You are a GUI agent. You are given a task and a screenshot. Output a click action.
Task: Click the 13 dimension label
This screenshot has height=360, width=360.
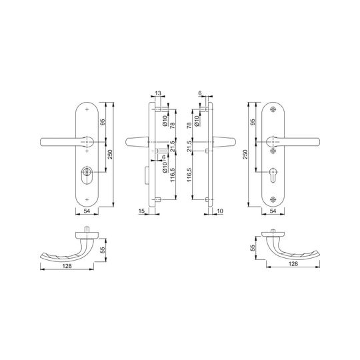pos(158,93)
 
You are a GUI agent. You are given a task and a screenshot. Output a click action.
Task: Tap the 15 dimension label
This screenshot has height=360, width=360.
pos(142,211)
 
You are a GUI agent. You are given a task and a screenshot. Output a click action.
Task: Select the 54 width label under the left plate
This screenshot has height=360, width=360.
pos(87,211)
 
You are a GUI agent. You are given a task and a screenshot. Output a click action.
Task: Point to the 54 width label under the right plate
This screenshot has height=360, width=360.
pos(273,211)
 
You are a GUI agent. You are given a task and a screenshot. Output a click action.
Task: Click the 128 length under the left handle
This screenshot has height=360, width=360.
pos(67,266)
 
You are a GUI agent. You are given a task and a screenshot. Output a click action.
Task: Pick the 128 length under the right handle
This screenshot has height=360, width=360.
pos(293,264)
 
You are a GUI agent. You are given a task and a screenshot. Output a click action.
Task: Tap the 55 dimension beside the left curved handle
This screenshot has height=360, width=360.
pos(103,250)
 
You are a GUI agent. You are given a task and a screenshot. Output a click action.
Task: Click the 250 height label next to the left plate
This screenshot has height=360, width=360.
pos(110,154)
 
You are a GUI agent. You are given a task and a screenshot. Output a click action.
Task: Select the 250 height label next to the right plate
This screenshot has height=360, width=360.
pos(245,154)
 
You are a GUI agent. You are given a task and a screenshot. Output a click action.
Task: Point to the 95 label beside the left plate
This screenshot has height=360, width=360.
pos(103,122)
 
